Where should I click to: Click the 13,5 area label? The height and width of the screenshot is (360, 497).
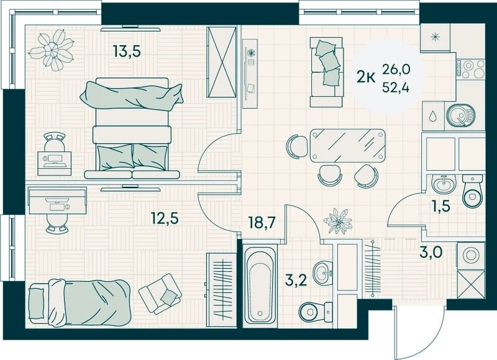(x=127, y=51)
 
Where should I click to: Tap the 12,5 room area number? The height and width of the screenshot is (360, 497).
(x=165, y=218)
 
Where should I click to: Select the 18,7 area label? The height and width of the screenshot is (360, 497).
(x=262, y=223)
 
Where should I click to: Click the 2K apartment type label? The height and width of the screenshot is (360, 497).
(x=367, y=77)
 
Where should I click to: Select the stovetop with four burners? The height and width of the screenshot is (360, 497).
(x=471, y=70)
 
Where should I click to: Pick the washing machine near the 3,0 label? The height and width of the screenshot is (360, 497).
(x=471, y=256)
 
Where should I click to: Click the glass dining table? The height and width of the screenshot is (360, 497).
(x=348, y=146)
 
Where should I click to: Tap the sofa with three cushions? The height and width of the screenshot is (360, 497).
(x=327, y=72)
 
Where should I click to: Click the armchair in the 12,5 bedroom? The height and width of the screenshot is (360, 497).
(x=160, y=294)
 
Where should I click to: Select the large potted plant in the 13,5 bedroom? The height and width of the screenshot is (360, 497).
(x=52, y=50)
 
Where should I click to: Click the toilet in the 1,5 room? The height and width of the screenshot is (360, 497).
(x=472, y=191)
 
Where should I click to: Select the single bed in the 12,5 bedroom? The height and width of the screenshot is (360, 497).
(x=80, y=303)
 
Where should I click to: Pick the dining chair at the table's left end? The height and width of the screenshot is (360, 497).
(x=297, y=146)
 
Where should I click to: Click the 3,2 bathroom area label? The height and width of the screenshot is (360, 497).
(x=296, y=281)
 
